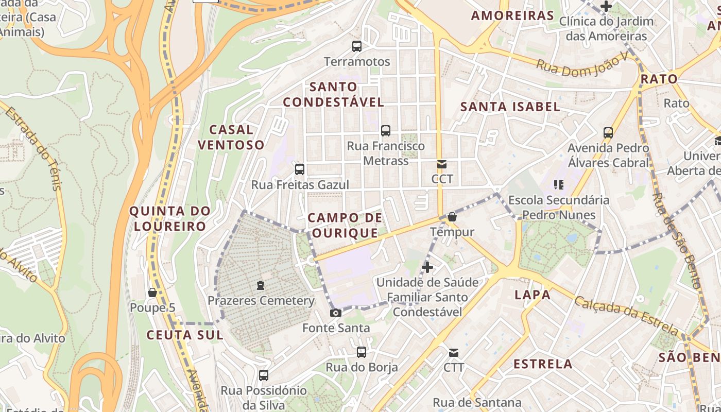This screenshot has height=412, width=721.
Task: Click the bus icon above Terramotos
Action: click(x=356, y=46)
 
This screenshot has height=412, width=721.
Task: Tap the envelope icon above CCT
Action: click(x=442, y=164)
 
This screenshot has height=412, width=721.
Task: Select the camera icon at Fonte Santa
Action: click(x=336, y=313)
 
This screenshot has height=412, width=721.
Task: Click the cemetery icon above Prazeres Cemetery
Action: click(x=261, y=285)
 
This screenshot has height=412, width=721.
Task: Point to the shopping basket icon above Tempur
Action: click(x=452, y=217)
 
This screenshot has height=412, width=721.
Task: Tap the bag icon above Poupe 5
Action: click(x=152, y=293)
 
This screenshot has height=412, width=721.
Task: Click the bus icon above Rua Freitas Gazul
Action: click(x=299, y=169)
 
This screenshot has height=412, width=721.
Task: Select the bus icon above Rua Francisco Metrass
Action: click(x=385, y=131)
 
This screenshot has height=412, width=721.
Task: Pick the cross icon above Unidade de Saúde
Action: click(x=427, y=267)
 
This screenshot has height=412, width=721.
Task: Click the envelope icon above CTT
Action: click(x=453, y=353)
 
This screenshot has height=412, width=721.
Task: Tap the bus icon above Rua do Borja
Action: click(x=362, y=352)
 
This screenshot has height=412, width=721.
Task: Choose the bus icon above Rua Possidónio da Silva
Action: click(x=264, y=375)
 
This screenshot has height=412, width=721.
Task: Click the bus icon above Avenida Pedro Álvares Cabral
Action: click(x=608, y=132)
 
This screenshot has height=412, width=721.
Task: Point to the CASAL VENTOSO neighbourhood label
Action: click(x=231, y=137)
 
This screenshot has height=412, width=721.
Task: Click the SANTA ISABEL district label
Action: click(x=510, y=107)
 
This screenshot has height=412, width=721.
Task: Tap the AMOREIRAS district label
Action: click(x=512, y=15)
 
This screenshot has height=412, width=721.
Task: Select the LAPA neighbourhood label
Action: click(x=533, y=295)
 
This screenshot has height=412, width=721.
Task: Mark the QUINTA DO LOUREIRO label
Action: click(x=170, y=218)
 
